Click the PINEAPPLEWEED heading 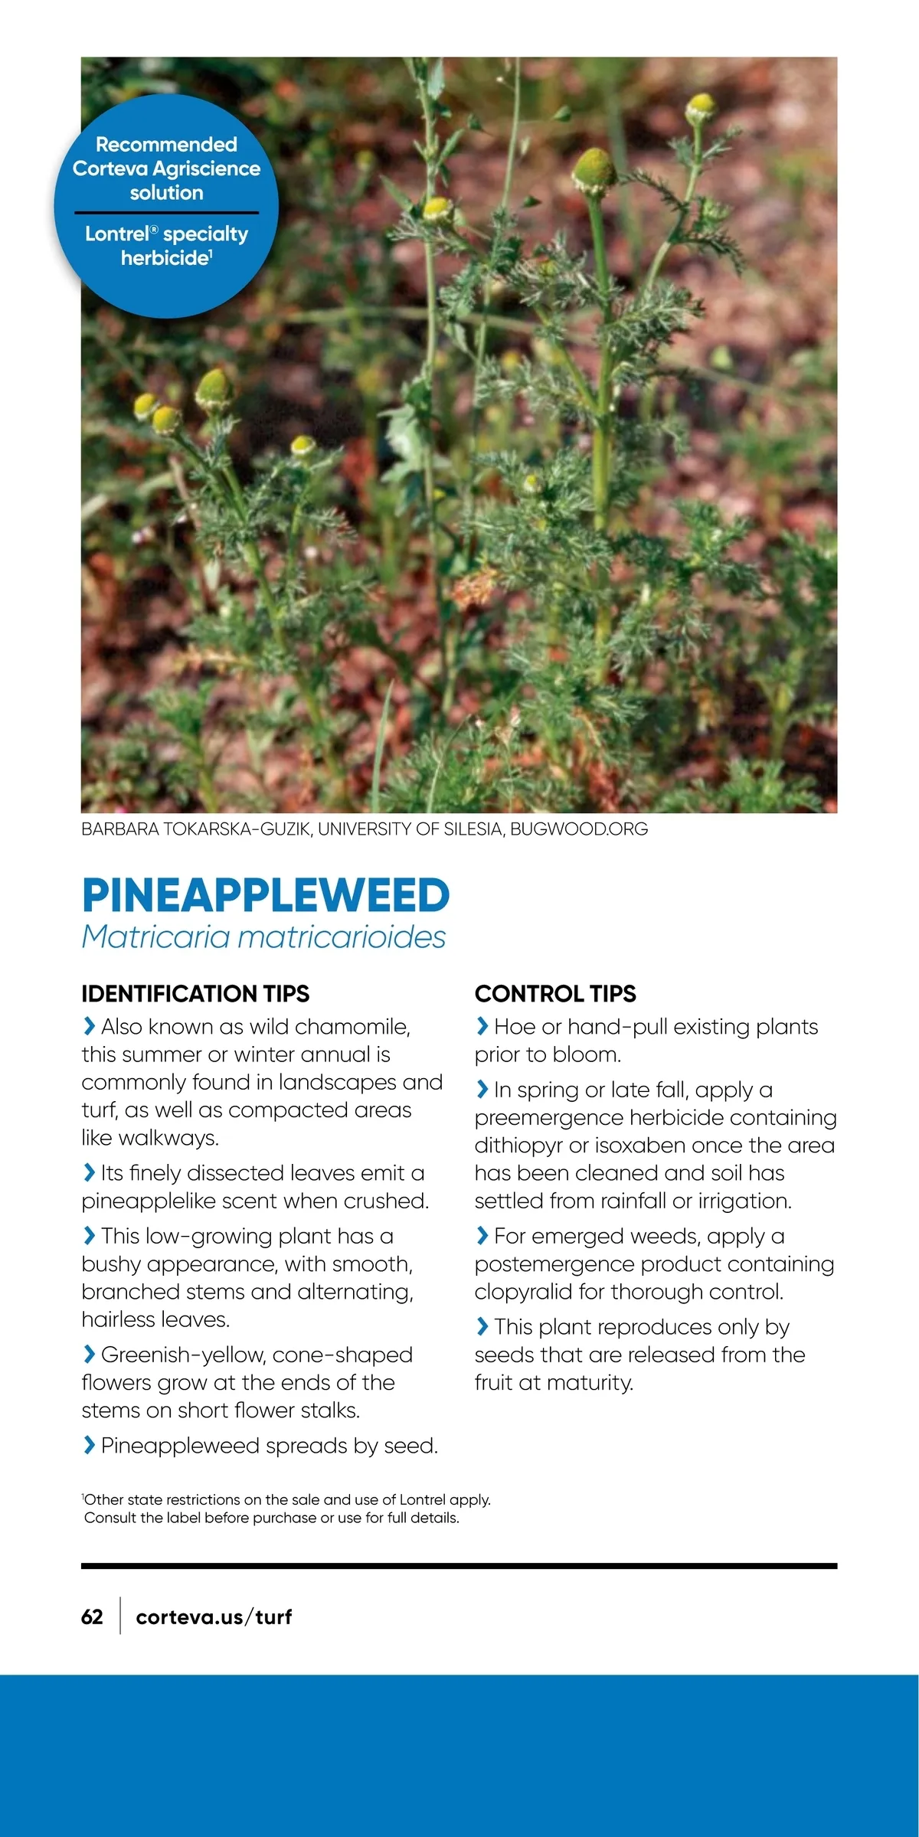click(265, 895)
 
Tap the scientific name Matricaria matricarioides click(263, 936)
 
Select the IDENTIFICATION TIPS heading click(195, 993)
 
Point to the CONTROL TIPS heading click(555, 993)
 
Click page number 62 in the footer click(92, 1616)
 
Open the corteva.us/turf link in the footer click(214, 1616)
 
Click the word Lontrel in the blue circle click(116, 234)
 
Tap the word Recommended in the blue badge click(166, 144)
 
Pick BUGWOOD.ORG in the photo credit click(579, 829)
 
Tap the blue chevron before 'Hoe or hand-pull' click(482, 1025)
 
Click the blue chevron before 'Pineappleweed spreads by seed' click(89, 1445)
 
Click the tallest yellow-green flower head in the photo click(702, 107)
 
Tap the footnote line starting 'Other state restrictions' click(287, 1499)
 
